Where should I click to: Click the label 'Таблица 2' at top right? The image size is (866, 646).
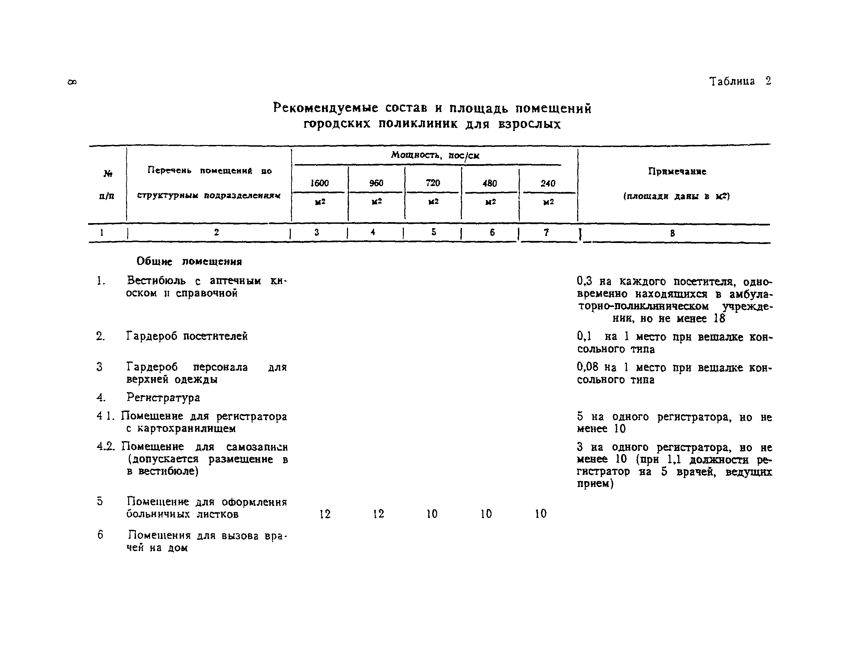pos(740,81)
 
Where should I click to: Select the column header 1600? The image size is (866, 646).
pos(319,183)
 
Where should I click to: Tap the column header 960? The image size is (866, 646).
pos(376,183)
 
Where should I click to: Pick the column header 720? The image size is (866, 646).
pos(433,183)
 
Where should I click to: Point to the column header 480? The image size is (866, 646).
pos(490,183)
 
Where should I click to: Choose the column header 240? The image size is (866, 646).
pos(548,183)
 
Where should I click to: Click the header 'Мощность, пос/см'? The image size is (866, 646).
pos(435,155)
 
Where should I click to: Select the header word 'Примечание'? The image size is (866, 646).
pos(677,171)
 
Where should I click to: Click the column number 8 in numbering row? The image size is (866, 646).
pos(672,233)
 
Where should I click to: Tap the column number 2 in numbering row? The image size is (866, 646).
pos(216,232)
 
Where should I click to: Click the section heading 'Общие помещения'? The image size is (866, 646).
pos(189,261)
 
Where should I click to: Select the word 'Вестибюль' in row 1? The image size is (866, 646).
pos(156,280)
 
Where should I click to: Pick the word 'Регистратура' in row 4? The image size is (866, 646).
pos(163,398)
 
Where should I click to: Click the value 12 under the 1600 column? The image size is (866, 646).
pos(325,514)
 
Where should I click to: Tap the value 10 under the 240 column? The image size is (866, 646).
pos(541,514)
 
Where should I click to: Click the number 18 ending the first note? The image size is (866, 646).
pos(719,318)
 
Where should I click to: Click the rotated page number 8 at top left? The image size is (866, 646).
pos(72,82)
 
